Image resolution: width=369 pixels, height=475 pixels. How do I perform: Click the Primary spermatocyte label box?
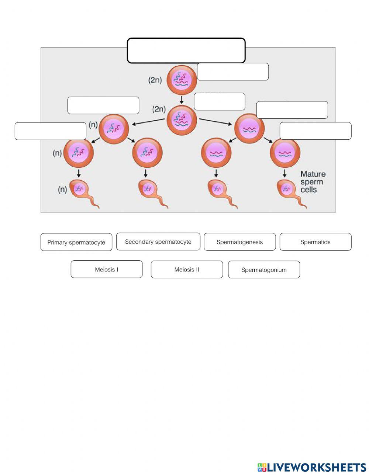click(76, 242)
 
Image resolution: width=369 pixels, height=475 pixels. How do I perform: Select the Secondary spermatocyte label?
click(158, 242)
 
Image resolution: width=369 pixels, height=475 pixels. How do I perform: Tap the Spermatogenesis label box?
click(239, 242)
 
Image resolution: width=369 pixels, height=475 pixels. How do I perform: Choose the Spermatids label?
click(315, 242)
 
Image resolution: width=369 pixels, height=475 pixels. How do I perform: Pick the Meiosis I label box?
click(106, 269)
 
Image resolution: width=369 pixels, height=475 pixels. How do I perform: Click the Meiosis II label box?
click(186, 269)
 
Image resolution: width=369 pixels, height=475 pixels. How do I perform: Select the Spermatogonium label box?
click(264, 270)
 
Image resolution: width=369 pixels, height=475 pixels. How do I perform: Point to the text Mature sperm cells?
click(313, 181)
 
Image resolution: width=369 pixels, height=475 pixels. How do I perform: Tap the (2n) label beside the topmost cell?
click(155, 80)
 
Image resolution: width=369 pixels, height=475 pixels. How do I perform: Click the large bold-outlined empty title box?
click(186, 51)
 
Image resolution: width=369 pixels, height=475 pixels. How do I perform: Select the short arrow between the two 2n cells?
click(182, 100)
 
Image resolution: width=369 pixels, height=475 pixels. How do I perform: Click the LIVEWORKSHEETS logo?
click(311, 467)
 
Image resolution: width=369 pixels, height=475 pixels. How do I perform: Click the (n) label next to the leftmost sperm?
click(62, 190)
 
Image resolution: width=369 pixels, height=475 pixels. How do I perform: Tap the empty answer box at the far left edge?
click(50, 131)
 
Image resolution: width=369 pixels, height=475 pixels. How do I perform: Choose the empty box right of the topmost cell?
click(232, 72)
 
